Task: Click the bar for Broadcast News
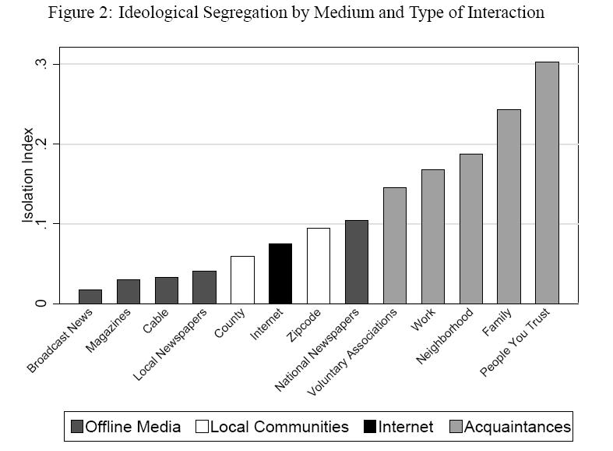[90, 297]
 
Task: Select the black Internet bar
[280, 273]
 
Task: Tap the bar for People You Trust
[547, 183]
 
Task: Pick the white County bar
[242, 279]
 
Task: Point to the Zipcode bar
[319, 265]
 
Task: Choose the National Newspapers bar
[357, 261]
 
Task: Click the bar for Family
[509, 206]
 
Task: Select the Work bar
[432, 236]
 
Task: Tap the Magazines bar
[129, 291]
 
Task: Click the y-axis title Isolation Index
[29, 175]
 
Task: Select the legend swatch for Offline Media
[76, 427]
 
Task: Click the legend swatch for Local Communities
[202, 427]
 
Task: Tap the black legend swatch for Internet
[370, 427]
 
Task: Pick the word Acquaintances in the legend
[516, 427]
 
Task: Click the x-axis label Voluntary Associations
[354, 350]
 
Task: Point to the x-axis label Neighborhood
[445, 336]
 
